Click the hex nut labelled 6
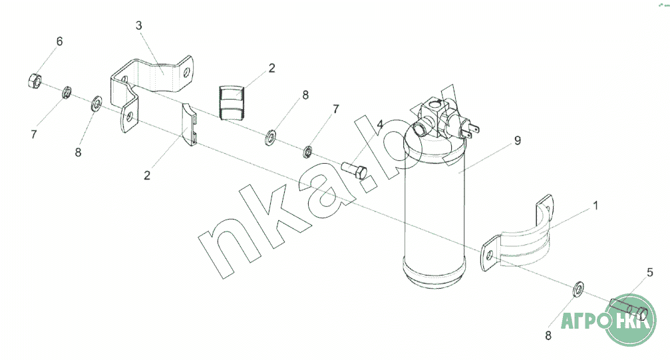pyautogui.click(x=34, y=81)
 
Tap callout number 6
pyautogui.click(x=59, y=41)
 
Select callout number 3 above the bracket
pyautogui.click(x=139, y=26)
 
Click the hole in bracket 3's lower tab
pyautogui.click(x=130, y=116)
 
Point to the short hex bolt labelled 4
pyautogui.click(x=355, y=170)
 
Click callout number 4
pyautogui.click(x=380, y=124)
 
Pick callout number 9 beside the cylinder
pyautogui.click(x=518, y=140)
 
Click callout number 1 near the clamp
pyautogui.click(x=596, y=206)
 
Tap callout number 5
pyautogui.click(x=650, y=272)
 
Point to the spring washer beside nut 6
pyautogui.click(x=67, y=92)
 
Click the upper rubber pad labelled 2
pyautogui.click(x=232, y=102)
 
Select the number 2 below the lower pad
pyautogui.click(x=147, y=175)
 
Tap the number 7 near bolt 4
pyautogui.click(x=336, y=109)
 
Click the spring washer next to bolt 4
pyautogui.click(x=307, y=151)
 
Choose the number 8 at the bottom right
pyautogui.click(x=548, y=336)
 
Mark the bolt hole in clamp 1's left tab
pyautogui.click(x=490, y=256)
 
